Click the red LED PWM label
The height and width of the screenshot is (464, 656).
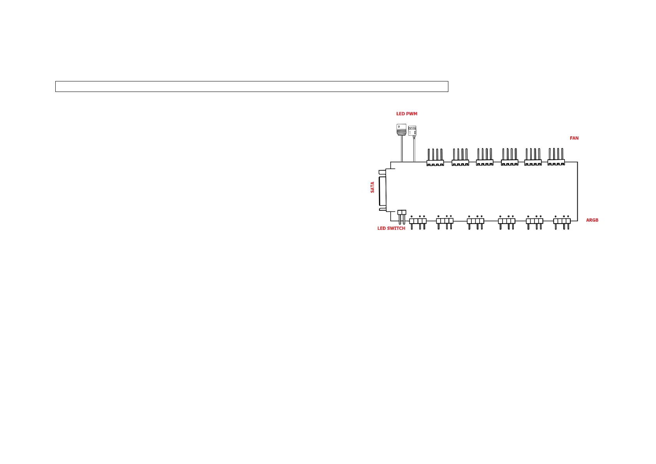point(406,114)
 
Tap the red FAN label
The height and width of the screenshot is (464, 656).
point(574,138)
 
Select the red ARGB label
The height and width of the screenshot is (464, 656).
point(592,220)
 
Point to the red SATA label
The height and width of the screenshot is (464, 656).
point(372,187)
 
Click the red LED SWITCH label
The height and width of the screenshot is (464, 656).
point(391,228)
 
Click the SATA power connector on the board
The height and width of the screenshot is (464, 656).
point(383,191)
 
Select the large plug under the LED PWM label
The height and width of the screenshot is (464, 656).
point(401,130)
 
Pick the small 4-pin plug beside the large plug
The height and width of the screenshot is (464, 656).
point(412,131)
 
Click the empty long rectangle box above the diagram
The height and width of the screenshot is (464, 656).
point(252,86)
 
